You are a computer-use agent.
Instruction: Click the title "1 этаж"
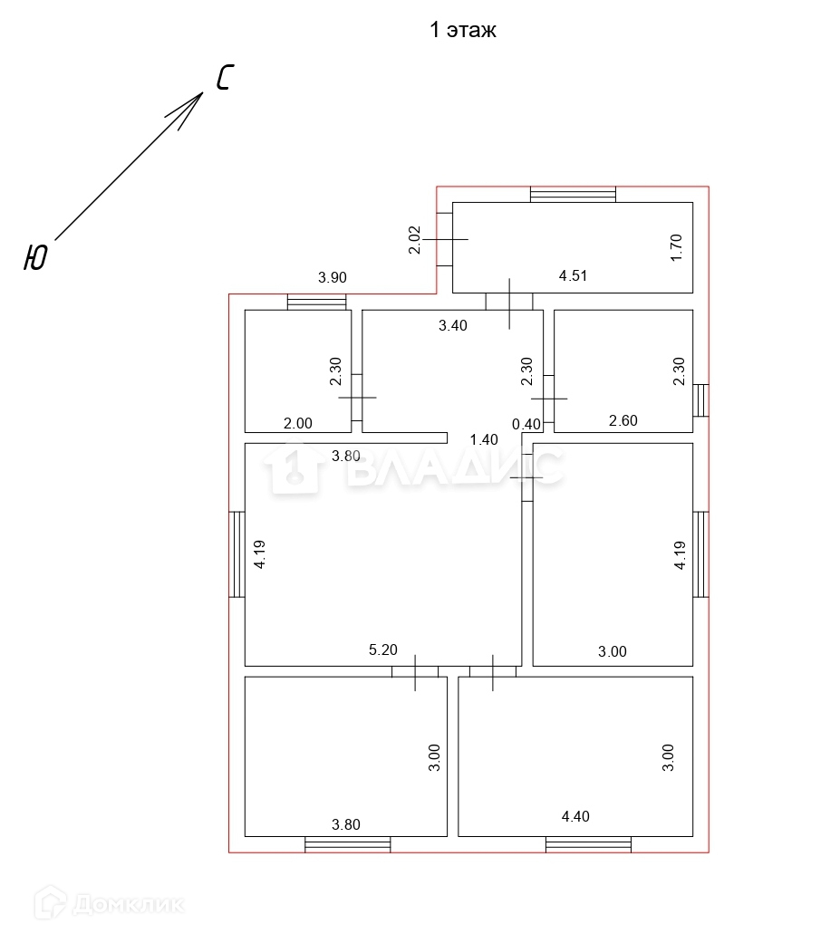pos(463,30)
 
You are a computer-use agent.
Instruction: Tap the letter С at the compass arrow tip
pos(225,78)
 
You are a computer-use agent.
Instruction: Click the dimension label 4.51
pos(573,275)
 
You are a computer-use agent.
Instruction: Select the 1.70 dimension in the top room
pos(676,247)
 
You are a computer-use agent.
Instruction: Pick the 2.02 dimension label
pos(415,239)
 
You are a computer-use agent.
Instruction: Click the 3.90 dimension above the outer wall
pos(333,277)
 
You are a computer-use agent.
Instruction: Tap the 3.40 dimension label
pos(452,325)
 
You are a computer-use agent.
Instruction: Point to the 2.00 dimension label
pos(298,423)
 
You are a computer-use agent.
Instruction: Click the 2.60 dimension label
pos(623,420)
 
